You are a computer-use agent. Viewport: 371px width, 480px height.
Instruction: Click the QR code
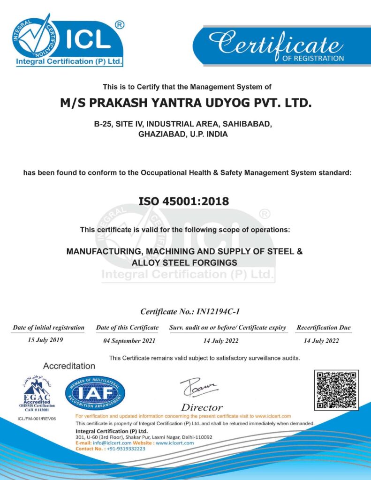tap(336, 390)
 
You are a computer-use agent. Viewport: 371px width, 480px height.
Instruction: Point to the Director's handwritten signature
tap(199, 387)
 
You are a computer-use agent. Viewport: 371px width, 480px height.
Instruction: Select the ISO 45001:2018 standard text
tap(184, 202)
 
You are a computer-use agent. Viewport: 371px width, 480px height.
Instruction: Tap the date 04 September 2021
tap(127, 341)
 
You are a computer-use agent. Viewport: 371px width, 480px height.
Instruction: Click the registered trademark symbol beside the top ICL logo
tap(120, 25)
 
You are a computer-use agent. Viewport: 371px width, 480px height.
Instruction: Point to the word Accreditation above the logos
tap(69, 366)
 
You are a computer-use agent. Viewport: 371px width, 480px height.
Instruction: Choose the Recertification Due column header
tap(323, 328)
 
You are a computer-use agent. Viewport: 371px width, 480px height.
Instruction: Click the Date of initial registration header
tap(49, 328)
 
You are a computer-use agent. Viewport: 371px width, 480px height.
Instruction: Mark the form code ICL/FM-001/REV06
tap(36, 418)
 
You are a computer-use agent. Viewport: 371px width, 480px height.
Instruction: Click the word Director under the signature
tap(202, 407)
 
